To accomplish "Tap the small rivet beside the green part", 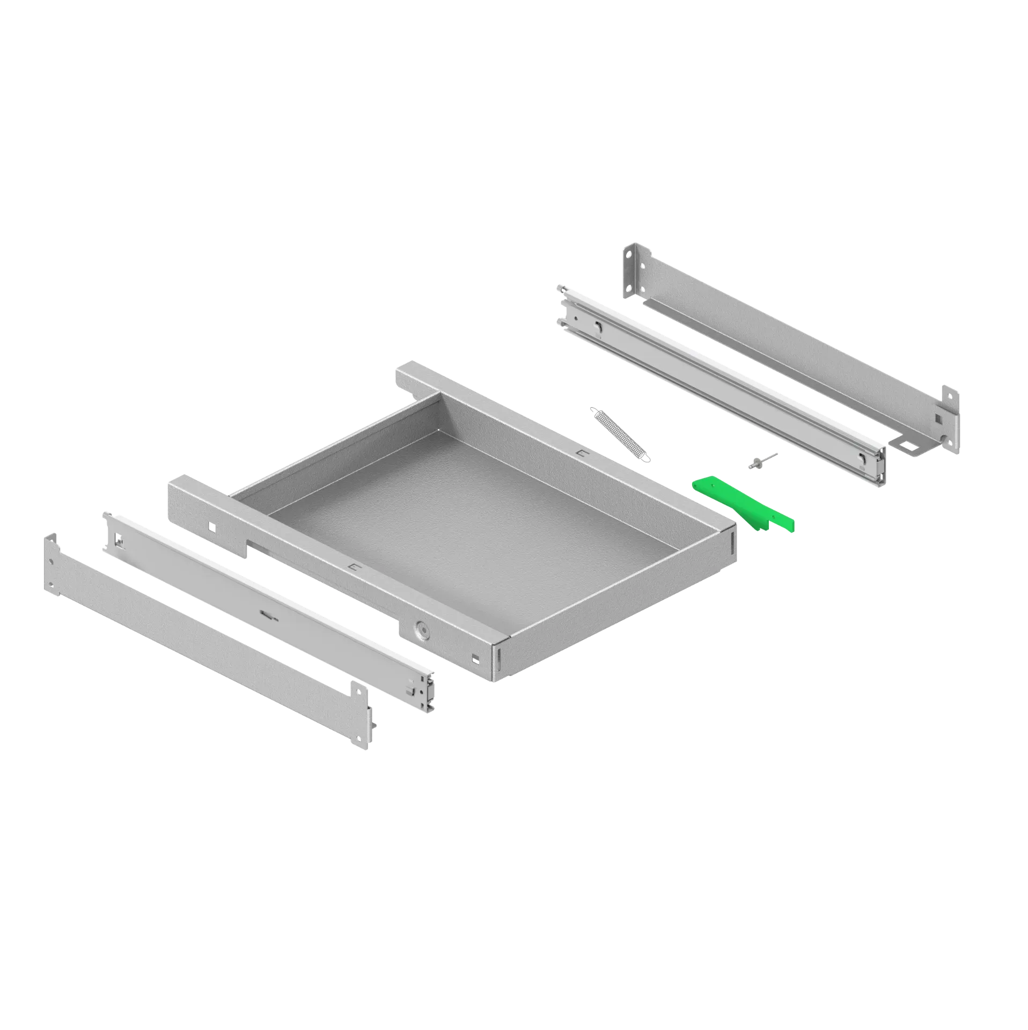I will point(762,461).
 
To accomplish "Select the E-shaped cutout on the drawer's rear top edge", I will point(582,453).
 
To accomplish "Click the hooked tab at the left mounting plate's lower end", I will point(370,713).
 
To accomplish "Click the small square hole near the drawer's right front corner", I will point(474,658).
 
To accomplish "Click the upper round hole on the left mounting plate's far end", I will point(50,562).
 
